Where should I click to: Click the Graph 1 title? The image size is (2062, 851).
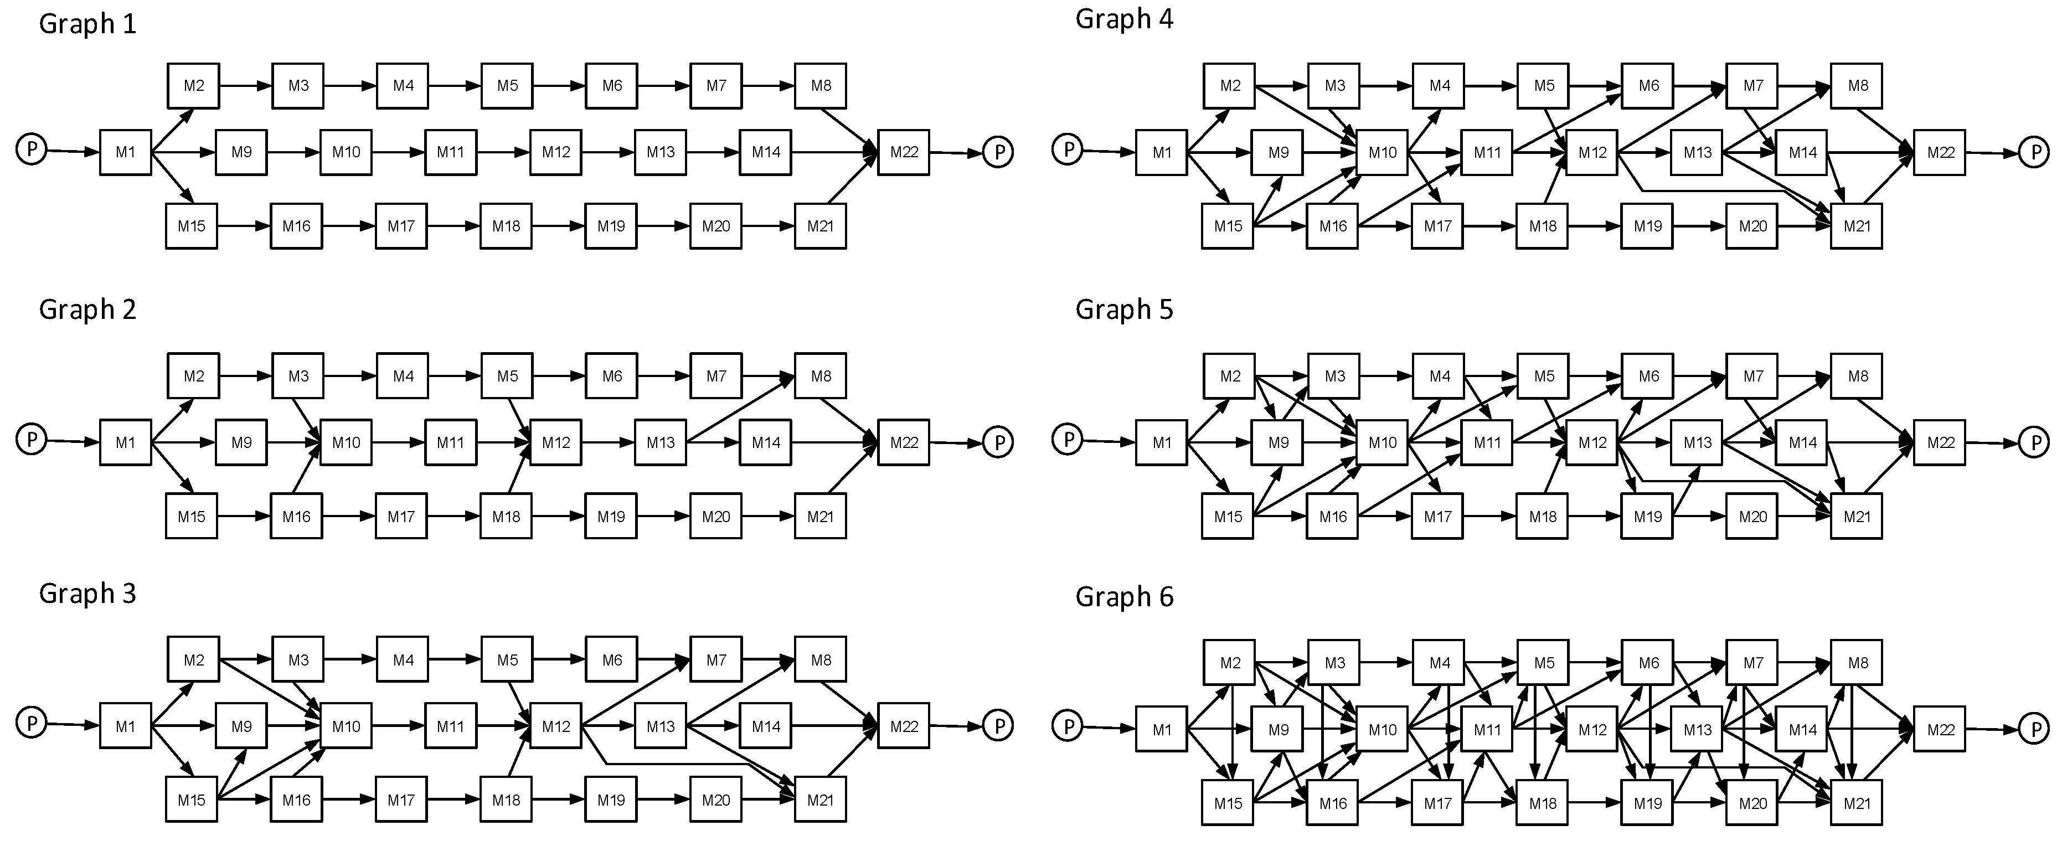(x=87, y=24)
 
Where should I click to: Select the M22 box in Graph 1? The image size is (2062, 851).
(x=903, y=152)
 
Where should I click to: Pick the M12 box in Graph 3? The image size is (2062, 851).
(x=555, y=726)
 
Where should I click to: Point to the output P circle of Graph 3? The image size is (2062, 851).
(x=998, y=725)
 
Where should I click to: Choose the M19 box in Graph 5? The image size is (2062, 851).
(x=1647, y=517)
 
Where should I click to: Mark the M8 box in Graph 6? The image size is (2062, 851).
(x=1857, y=663)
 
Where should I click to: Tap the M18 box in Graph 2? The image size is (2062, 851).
(x=506, y=517)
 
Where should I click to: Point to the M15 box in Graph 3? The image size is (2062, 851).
(x=192, y=800)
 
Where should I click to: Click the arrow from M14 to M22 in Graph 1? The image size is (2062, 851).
(x=832, y=152)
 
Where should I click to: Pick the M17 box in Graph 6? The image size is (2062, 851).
(x=1437, y=803)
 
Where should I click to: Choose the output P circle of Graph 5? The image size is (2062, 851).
(x=2034, y=442)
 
